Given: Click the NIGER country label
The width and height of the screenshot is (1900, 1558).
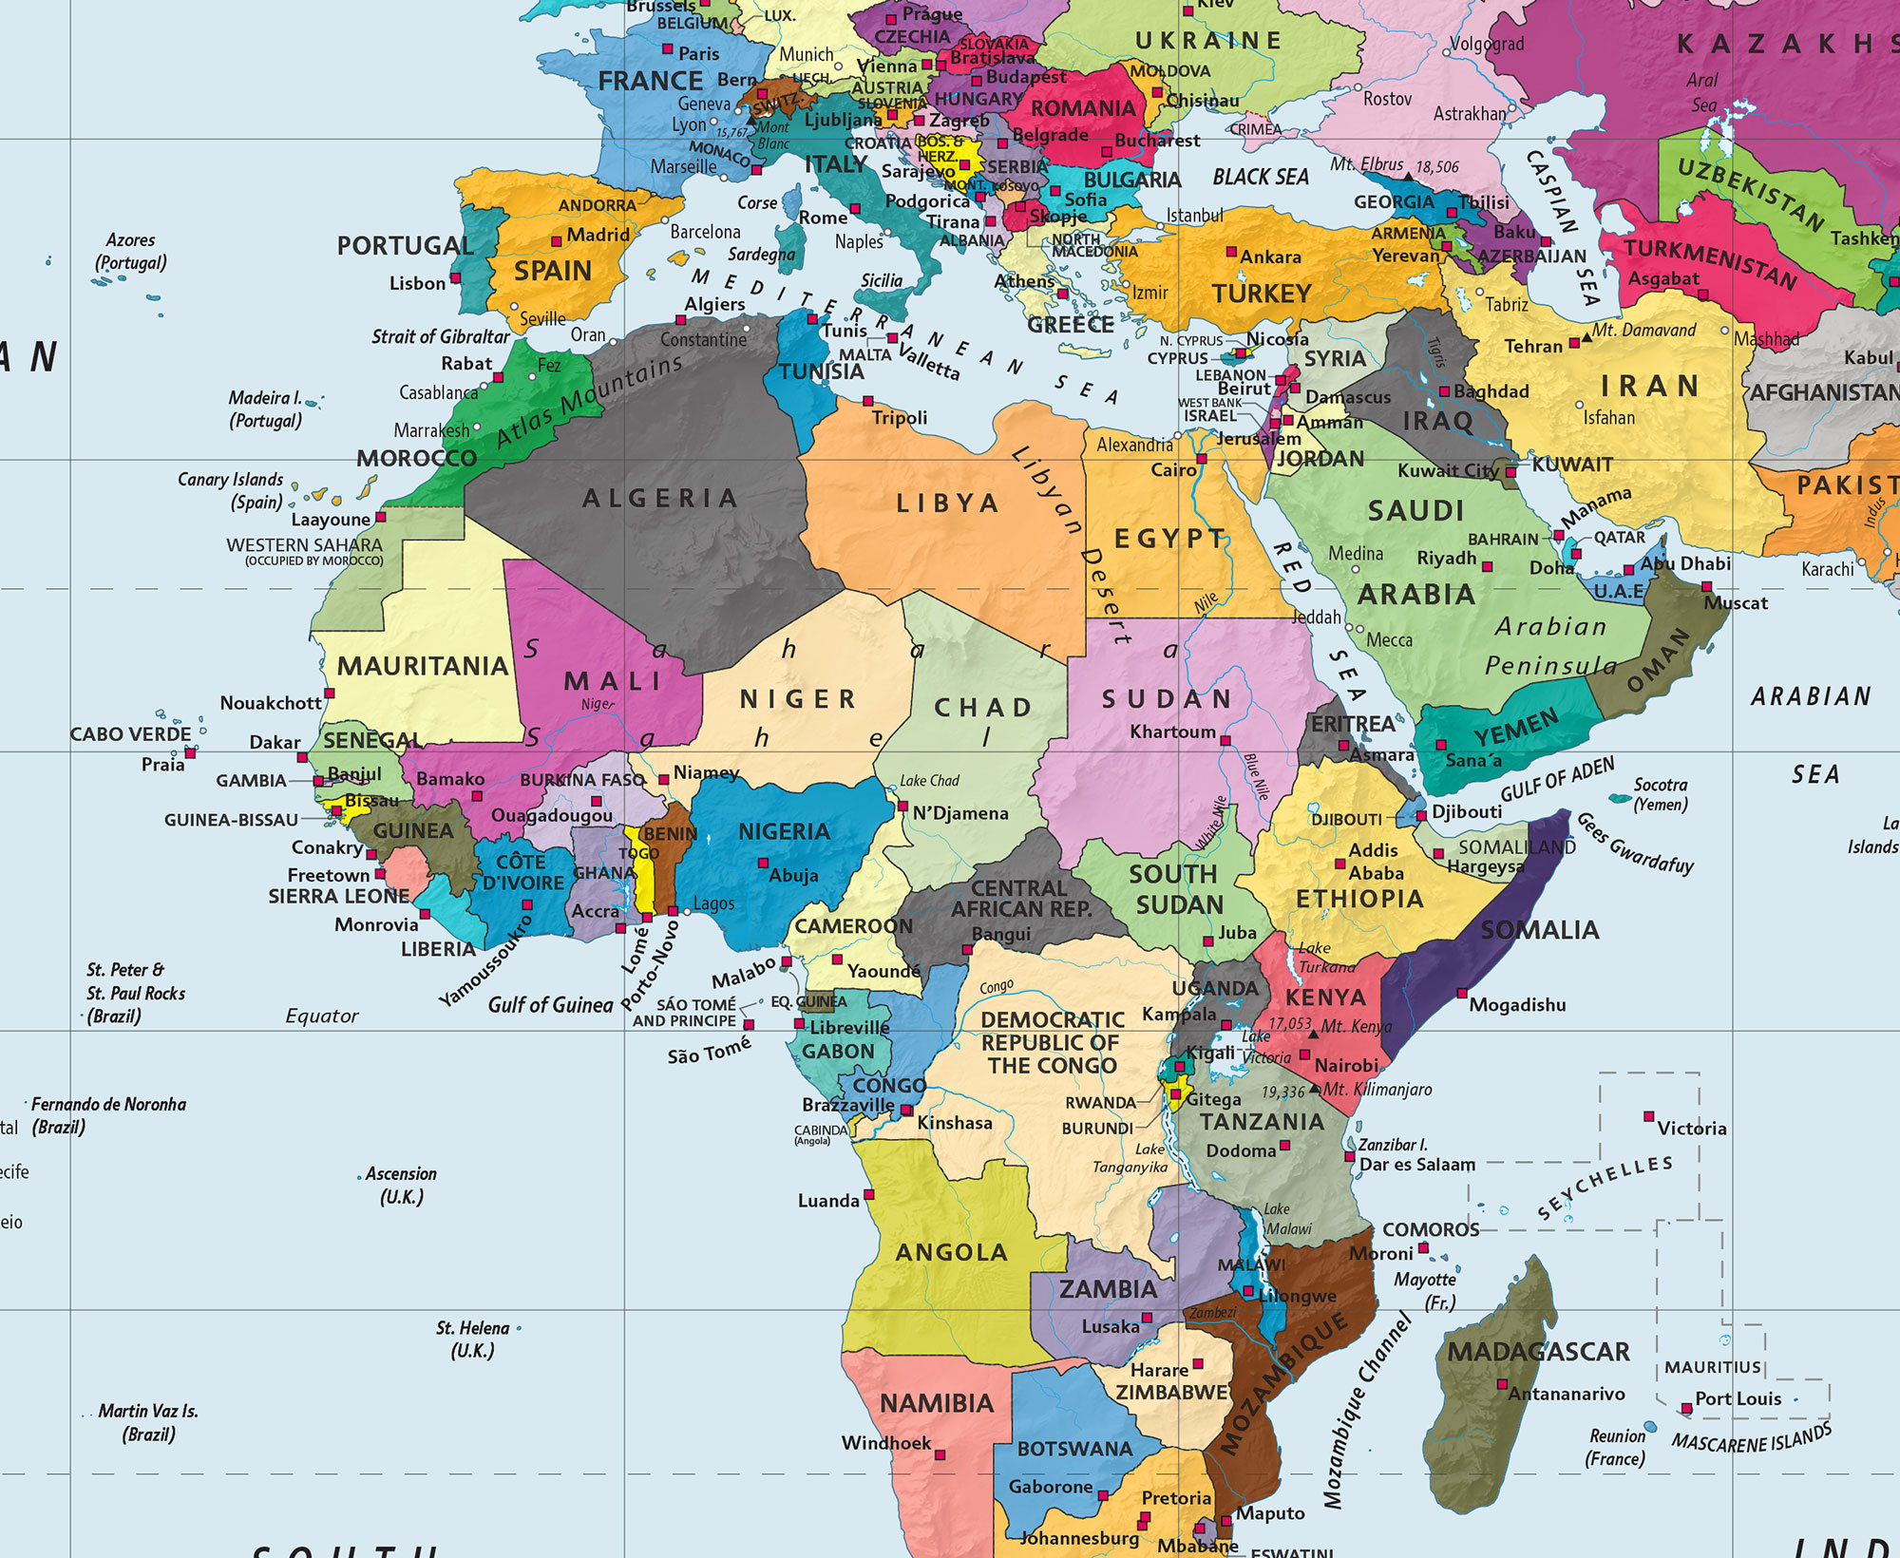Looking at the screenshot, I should [798, 699].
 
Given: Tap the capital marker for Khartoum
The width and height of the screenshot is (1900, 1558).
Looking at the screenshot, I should [1225, 740].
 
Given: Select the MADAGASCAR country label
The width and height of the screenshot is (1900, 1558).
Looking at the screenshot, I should [1538, 1352].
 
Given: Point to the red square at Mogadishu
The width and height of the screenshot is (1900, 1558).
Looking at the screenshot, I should [1463, 994].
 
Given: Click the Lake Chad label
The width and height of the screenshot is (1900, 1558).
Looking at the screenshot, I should [929, 781].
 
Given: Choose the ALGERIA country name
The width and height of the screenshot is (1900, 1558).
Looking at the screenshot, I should [660, 498].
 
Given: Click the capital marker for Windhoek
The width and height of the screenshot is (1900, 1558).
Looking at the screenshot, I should [940, 1455].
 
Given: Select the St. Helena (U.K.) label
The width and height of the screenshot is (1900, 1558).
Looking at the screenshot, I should [473, 1339].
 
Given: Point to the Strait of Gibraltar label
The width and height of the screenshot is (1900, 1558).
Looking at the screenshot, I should [441, 336].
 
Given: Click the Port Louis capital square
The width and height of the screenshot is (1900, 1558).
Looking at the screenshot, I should [1686, 1409].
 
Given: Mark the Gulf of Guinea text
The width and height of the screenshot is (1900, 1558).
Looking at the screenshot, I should [550, 1005].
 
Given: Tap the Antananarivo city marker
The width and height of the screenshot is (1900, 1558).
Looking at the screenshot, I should [1502, 1384].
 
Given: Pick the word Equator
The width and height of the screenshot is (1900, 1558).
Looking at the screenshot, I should [322, 1016].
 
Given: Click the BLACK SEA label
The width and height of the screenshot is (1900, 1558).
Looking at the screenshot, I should [1261, 178].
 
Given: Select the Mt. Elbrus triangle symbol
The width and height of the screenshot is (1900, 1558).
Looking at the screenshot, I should [1410, 175].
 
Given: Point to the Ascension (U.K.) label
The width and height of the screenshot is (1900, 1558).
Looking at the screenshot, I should [401, 1185].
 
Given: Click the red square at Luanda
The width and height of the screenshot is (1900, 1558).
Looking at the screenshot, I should [868, 1194].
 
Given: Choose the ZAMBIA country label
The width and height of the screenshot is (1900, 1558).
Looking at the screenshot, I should [1108, 1289].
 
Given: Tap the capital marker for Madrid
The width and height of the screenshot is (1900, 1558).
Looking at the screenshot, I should [557, 241].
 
